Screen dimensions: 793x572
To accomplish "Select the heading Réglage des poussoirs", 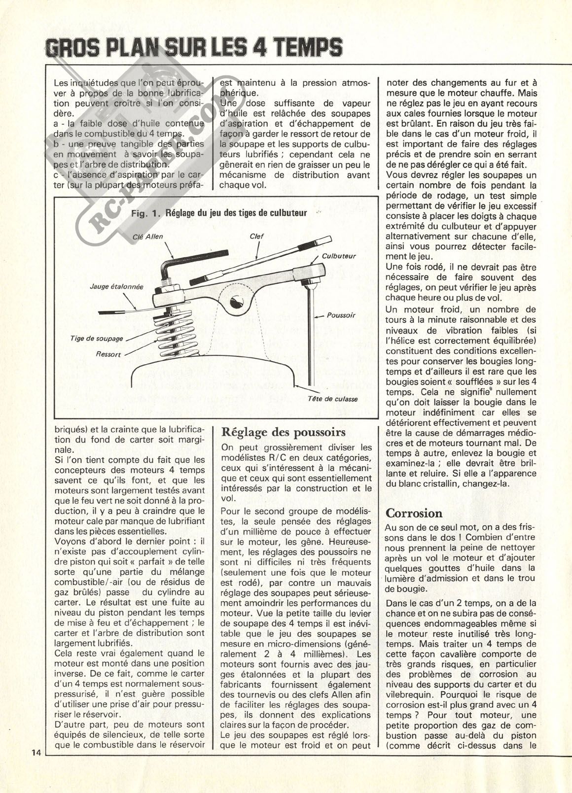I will click(x=284, y=432).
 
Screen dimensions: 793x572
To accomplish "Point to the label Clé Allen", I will click(x=148, y=237).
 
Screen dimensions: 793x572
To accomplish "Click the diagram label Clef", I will click(x=256, y=236).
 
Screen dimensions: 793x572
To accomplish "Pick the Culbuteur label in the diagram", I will click(x=339, y=256).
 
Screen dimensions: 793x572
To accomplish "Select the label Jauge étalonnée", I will click(x=117, y=286).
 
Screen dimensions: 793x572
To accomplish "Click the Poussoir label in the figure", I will click(x=341, y=315).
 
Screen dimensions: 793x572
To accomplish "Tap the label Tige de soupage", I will click(x=96, y=339).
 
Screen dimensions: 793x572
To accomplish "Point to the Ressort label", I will click(x=109, y=354).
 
